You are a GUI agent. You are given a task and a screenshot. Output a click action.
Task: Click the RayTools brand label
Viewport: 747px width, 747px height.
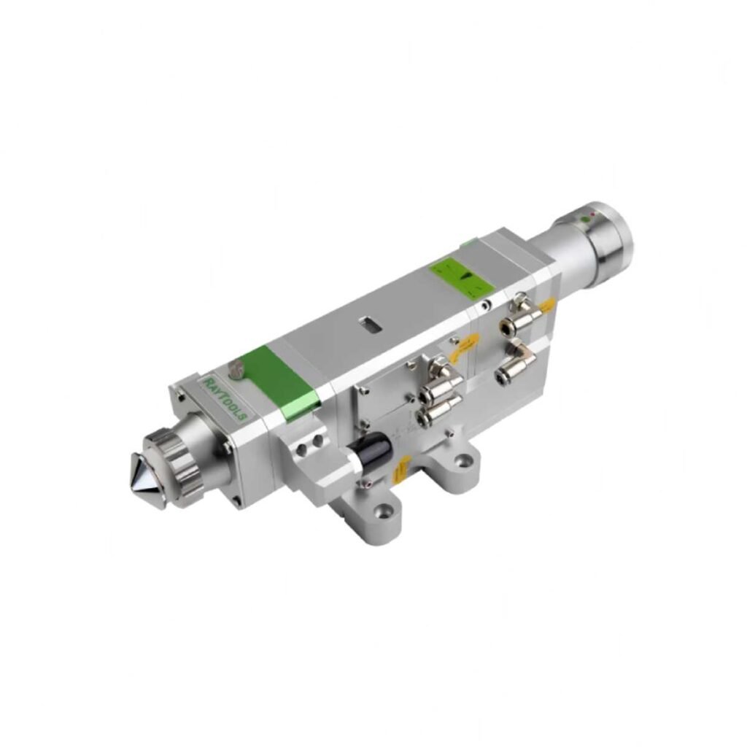(x=224, y=398)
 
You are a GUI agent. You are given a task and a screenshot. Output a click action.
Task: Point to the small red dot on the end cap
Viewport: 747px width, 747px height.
(x=593, y=214)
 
